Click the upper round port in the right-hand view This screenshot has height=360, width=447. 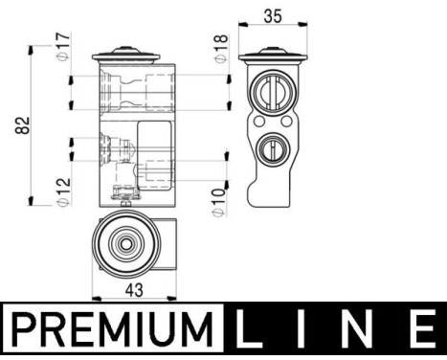271,94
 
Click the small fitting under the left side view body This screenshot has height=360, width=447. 122,198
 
